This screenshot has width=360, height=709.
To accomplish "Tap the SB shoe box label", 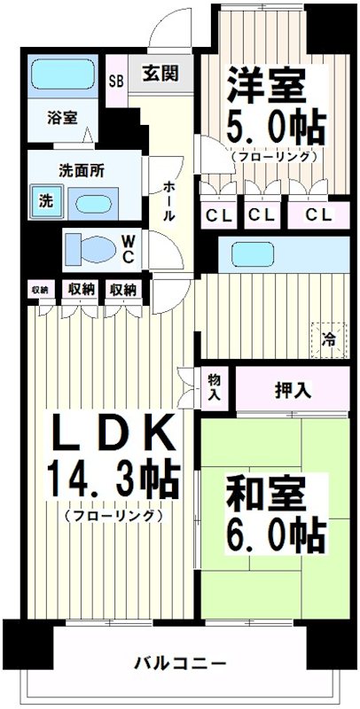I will [x=116, y=80].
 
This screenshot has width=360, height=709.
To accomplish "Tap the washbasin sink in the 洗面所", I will [x=90, y=201].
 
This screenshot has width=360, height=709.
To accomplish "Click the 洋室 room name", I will [x=266, y=85].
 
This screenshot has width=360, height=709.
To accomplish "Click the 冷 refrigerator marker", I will [x=328, y=337].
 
